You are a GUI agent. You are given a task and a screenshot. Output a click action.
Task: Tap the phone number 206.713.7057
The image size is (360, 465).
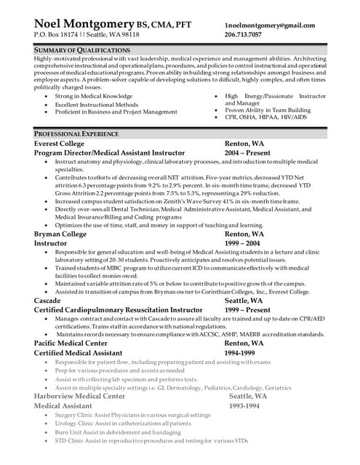click(x=244, y=34)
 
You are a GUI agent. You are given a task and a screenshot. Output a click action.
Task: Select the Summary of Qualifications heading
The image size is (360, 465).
click(x=81, y=49)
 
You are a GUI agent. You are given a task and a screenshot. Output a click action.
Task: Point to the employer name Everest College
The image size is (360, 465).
click(x=59, y=144)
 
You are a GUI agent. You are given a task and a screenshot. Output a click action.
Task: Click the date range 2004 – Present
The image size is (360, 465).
click(x=247, y=153)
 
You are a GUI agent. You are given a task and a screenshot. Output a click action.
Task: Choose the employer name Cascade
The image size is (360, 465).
click(x=47, y=299)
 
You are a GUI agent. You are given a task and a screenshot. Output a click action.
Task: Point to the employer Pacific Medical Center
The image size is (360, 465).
click(x=72, y=342)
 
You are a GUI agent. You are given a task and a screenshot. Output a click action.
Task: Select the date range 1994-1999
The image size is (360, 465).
click(x=241, y=352)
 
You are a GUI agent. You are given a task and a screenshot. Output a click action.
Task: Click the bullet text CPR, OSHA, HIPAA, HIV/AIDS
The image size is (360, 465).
click(x=265, y=117)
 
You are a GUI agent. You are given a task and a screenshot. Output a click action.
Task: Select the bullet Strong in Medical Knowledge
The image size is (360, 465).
click(x=94, y=96)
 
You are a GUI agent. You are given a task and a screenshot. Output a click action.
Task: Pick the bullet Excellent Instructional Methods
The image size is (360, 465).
click(x=97, y=105)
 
